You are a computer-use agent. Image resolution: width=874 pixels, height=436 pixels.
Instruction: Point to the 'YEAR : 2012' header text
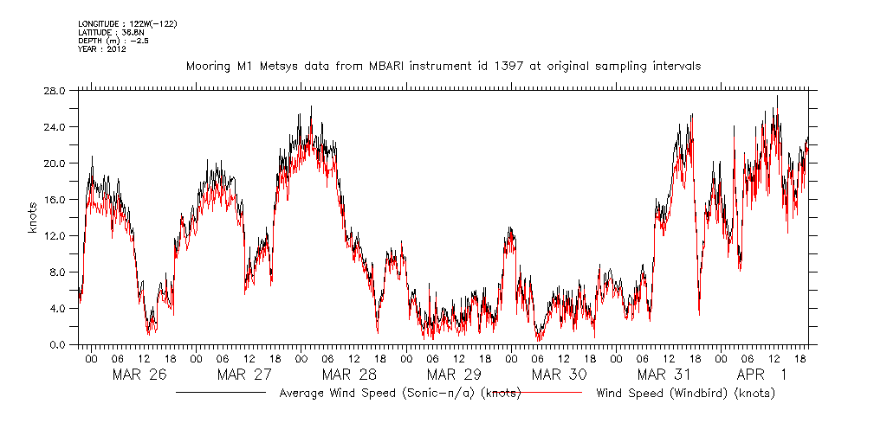point(102,49)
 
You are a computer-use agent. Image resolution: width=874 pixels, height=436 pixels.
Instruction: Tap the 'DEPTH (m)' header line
point(113,40)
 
